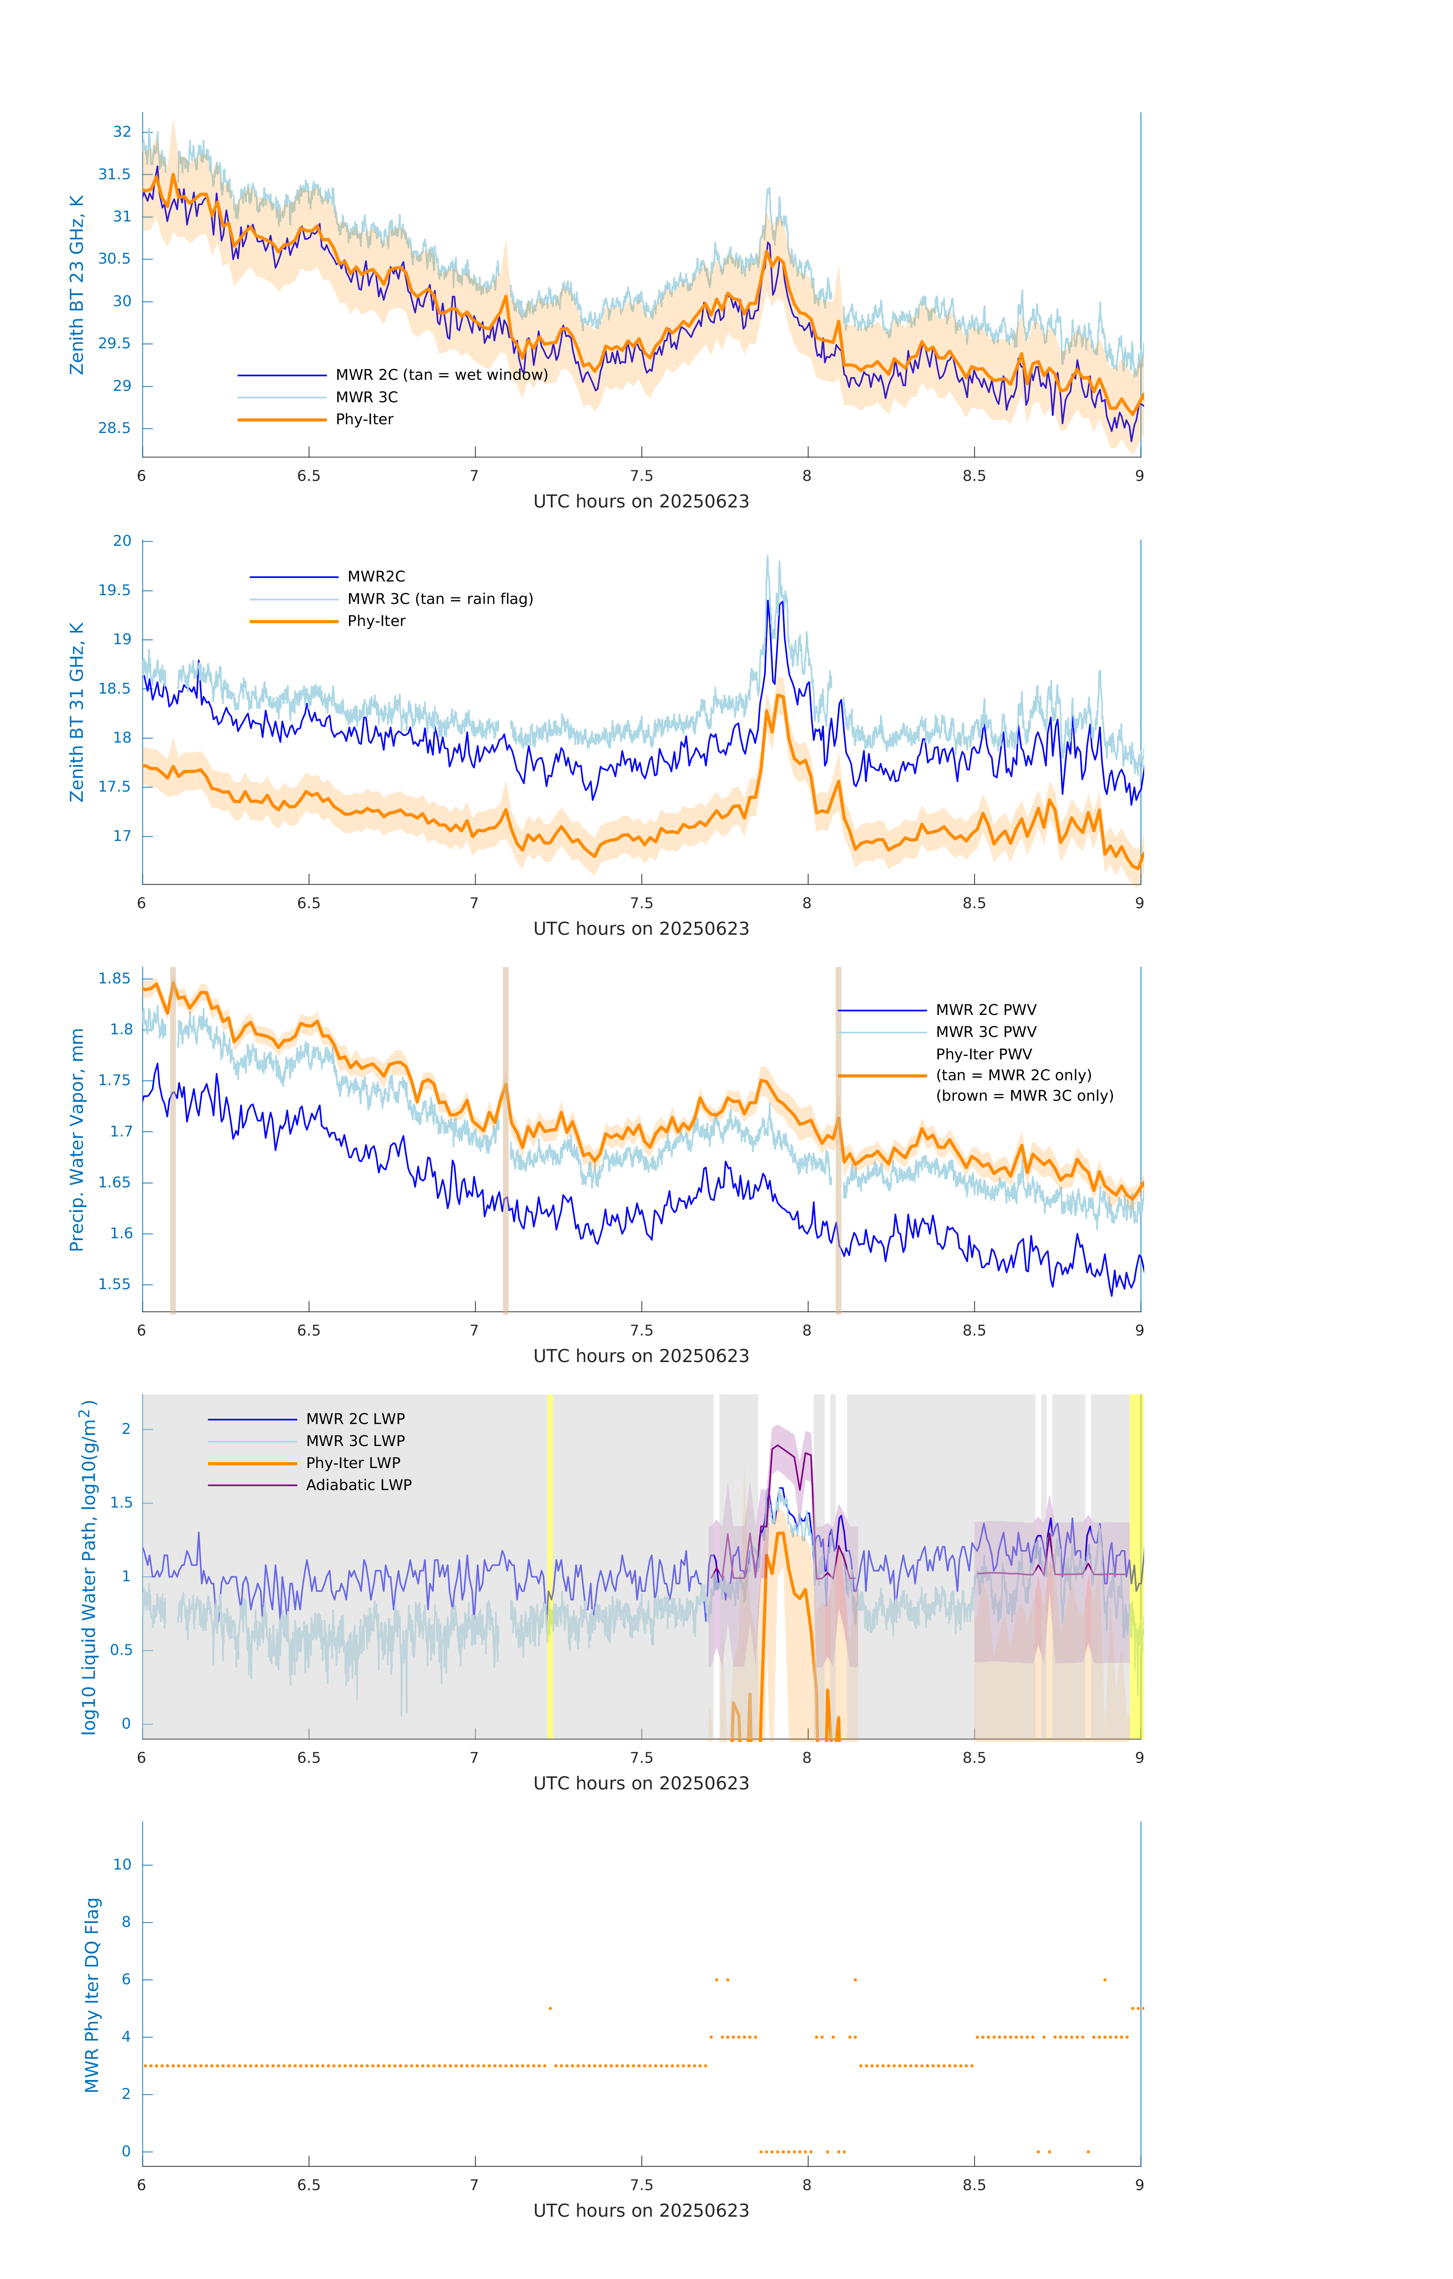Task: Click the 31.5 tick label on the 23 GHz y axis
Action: pos(115,174)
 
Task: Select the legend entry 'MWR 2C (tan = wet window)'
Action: pos(441,375)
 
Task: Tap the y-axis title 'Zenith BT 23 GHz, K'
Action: pos(77,285)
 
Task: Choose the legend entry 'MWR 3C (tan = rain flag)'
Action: pos(440,599)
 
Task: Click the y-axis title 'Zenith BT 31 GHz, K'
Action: pos(77,712)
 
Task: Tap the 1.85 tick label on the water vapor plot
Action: pos(115,978)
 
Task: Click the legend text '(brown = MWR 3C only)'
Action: pos(1024,1096)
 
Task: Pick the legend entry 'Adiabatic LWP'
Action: pos(359,1485)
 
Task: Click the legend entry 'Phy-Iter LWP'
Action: pos(353,1463)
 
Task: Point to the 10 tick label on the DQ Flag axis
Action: pos(122,1865)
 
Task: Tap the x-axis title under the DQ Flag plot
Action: pos(641,2211)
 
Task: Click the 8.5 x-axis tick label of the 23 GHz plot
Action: pos(974,476)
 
